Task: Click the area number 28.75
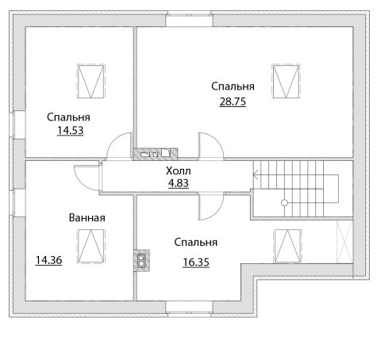pyautogui.click(x=233, y=101)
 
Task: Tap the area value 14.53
pyautogui.click(x=71, y=130)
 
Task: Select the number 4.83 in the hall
pyautogui.click(x=179, y=183)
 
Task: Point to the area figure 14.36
pyautogui.click(x=48, y=260)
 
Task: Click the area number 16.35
pyautogui.click(x=196, y=262)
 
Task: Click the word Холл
pyautogui.click(x=179, y=171)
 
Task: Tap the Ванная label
pyautogui.click(x=87, y=218)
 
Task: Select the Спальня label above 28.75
pyautogui.click(x=233, y=86)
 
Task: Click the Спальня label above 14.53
pyautogui.click(x=68, y=117)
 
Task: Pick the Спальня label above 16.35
pyautogui.click(x=196, y=243)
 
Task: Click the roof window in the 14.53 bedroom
pyautogui.click(x=90, y=81)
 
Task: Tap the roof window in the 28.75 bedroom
pyautogui.click(x=286, y=81)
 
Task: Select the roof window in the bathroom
pyautogui.click(x=91, y=247)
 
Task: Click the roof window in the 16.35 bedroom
pyautogui.click(x=288, y=246)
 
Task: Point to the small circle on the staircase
pyautogui.click(x=284, y=203)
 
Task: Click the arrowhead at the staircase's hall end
pyautogui.click(x=254, y=174)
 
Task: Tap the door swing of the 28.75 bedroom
pyautogui.click(x=211, y=146)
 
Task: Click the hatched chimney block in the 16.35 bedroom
pyautogui.click(x=141, y=260)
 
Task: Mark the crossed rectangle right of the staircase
pyautogui.click(x=344, y=242)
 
